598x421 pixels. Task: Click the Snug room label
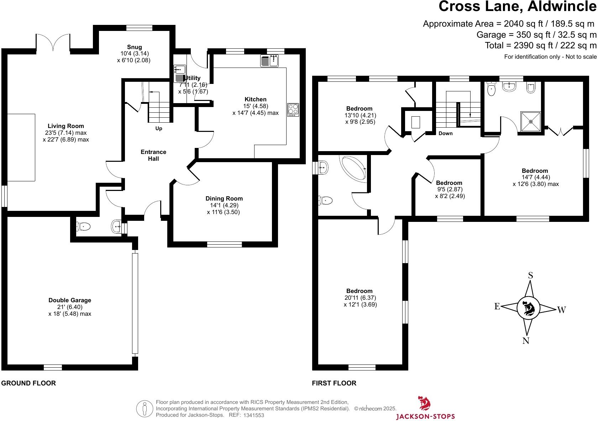coord(134,47)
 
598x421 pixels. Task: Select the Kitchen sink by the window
coord(270,61)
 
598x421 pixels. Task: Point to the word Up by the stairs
coord(159,128)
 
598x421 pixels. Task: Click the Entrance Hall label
coord(153,155)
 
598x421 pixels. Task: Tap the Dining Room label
coord(224,198)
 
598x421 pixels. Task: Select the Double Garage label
coord(70,300)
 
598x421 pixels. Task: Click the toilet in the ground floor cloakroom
coord(83,226)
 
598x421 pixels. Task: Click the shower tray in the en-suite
coord(531,122)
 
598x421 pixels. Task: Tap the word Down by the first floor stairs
coord(445,133)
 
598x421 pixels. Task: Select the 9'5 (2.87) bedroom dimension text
coord(450,190)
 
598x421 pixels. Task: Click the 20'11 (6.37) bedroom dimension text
coord(360,298)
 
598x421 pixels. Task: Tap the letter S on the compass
coord(530,275)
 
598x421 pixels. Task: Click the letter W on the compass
coord(561,310)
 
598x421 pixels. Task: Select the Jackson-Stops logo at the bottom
coord(425,409)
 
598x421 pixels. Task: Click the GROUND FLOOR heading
coord(28,383)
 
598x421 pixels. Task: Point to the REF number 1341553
coord(253,415)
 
